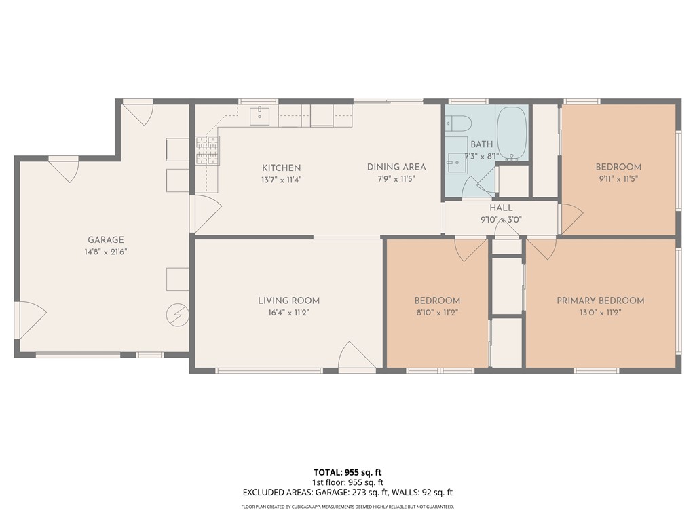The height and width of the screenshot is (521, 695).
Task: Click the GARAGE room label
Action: tap(105, 239)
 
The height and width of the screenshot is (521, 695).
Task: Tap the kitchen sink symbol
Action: tap(259, 117)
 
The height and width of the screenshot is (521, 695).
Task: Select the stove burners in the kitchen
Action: tap(208, 151)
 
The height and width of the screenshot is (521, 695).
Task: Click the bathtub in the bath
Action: tap(512, 133)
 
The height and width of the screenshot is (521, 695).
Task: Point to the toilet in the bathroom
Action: tap(459, 124)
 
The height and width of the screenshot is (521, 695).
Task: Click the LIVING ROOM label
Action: tap(288, 301)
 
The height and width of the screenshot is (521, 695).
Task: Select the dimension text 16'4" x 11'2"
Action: tap(288, 313)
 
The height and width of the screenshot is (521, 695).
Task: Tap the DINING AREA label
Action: tap(396, 167)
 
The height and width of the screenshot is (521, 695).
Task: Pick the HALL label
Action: tap(502, 208)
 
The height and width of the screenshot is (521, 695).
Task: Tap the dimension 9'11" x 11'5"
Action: tap(618, 179)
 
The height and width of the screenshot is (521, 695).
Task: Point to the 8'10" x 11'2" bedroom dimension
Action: tap(437, 313)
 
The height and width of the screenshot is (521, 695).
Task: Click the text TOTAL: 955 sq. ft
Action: tap(352, 472)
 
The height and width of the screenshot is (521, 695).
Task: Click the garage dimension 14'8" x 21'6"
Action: tap(105, 252)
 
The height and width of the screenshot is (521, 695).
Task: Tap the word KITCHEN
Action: tap(282, 168)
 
